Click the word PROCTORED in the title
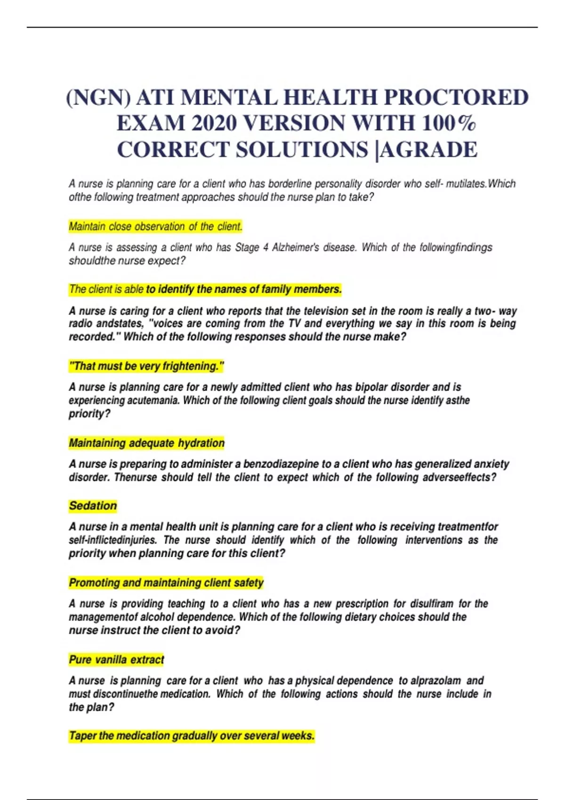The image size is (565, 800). point(456,98)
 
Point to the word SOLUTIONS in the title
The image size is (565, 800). point(301,150)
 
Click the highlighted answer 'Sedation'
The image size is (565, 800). point(93,506)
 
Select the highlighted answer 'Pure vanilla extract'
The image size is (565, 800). point(116,660)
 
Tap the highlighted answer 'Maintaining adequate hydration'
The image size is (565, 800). point(146,443)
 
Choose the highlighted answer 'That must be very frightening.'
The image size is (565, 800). point(146,366)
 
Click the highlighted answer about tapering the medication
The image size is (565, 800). point(191,736)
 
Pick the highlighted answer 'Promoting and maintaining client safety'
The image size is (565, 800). point(166,583)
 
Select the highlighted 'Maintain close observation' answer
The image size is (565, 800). point(155,227)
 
